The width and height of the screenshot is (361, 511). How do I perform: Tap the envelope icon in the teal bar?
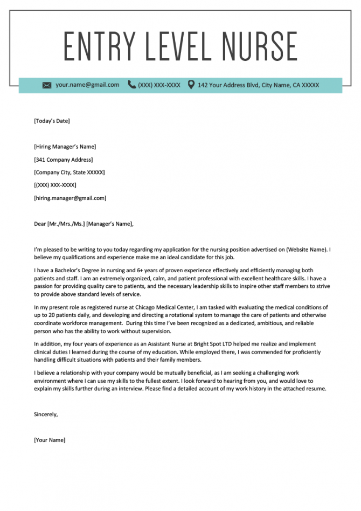tap(47, 85)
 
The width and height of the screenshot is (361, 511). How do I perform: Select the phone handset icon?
tap(131, 85)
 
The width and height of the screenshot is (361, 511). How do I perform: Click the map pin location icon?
tap(191, 85)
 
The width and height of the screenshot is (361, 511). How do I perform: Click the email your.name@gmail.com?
tap(87, 85)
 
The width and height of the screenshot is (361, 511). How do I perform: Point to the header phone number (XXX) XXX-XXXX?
tap(159, 85)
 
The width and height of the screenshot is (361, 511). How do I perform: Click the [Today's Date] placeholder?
tap(52, 121)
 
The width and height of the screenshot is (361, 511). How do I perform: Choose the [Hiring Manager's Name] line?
tap(65, 147)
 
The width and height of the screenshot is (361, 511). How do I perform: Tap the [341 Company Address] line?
tap(63, 160)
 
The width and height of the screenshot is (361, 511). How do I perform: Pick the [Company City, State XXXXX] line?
tap(69, 172)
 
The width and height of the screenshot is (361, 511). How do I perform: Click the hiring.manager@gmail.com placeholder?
tap(70, 198)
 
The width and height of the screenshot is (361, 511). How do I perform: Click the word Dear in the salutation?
tap(40, 224)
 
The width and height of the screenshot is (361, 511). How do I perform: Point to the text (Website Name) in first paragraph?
tap(307, 250)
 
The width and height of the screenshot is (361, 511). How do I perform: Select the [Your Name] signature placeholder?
tap(50, 440)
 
